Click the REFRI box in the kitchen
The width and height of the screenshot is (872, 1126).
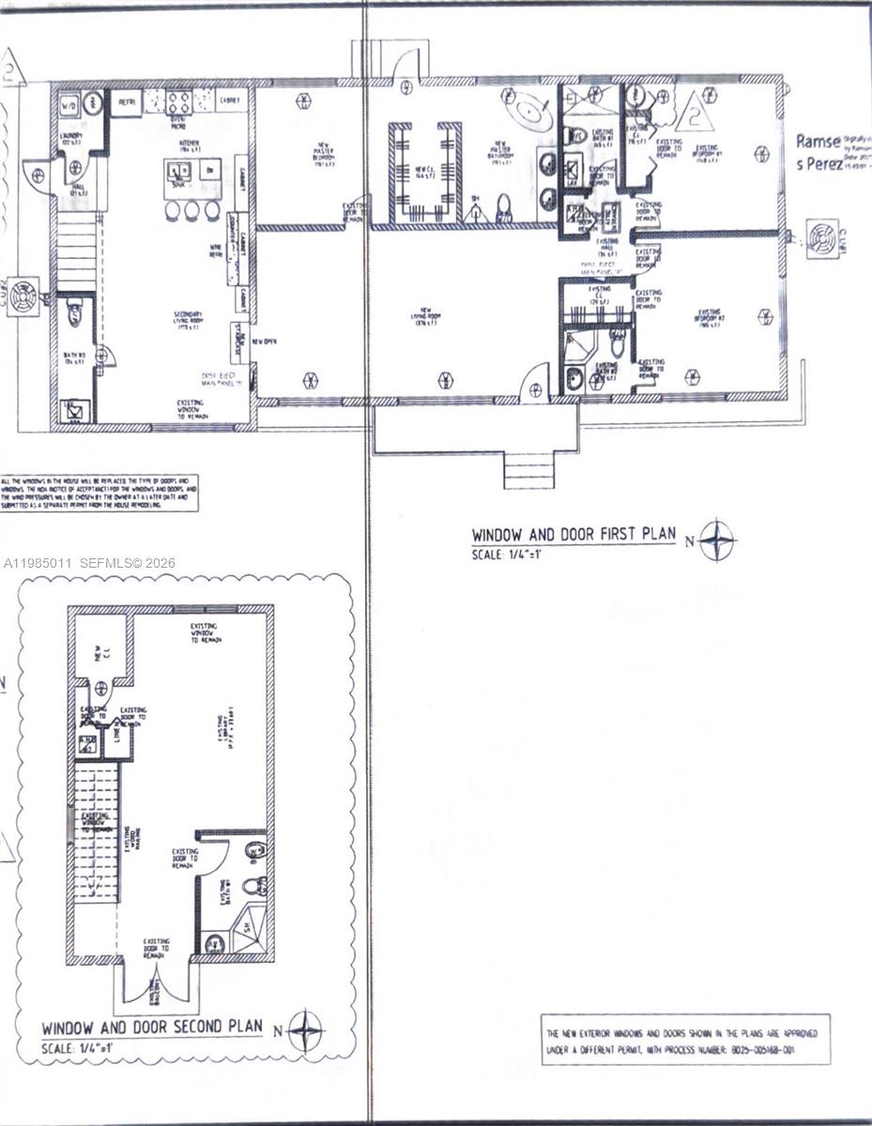[x=126, y=101]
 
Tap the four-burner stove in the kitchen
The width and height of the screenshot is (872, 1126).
[x=179, y=100]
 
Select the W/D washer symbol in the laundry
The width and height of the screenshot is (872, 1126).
[x=70, y=106]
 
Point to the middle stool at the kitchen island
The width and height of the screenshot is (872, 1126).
[x=191, y=211]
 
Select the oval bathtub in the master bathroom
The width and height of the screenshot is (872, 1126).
[x=531, y=115]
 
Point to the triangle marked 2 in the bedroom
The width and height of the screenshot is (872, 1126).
[x=695, y=114]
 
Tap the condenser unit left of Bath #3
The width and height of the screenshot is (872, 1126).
[x=23, y=296]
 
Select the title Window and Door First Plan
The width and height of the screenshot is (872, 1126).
[x=573, y=534]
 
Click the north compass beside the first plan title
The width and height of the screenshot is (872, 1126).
[x=717, y=540]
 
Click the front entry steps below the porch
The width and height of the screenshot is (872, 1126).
[x=531, y=470]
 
